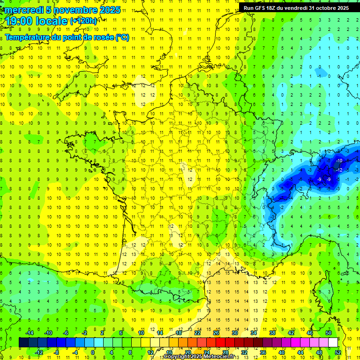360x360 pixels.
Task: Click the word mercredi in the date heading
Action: click(x=22, y=10)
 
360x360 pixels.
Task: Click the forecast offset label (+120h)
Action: click(x=83, y=21)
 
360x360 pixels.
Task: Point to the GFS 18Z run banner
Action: click(x=296, y=7)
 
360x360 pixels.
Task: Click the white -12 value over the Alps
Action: click(x=339, y=170)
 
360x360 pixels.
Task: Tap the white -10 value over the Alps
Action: click(x=339, y=161)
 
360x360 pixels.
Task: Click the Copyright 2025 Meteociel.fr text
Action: click(x=199, y=357)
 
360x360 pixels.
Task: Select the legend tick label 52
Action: click(x=338, y=352)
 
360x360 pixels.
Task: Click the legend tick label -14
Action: click(x=29, y=333)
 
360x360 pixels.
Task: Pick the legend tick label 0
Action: click(x=93, y=352)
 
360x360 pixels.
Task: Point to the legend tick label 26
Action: click(x=216, y=333)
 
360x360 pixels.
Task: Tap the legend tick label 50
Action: click(x=329, y=333)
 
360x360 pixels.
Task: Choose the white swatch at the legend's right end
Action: click(x=333, y=343)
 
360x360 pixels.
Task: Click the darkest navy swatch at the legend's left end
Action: click(x=24, y=343)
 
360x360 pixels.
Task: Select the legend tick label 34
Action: click(x=254, y=333)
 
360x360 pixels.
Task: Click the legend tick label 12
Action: click(x=150, y=352)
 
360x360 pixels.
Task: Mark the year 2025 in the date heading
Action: click(x=110, y=10)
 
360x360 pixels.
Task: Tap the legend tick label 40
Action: click(x=282, y=352)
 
